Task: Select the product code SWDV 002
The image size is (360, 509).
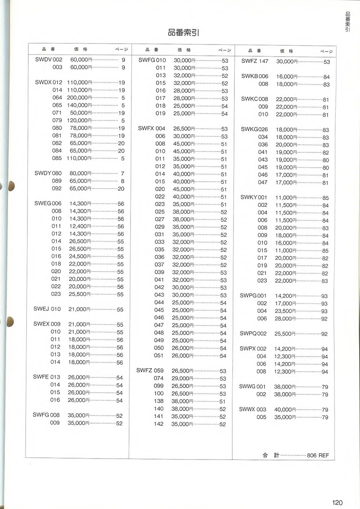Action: tap(48, 60)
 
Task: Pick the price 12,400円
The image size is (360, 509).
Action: tap(81, 226)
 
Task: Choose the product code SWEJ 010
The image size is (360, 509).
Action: tap(47, 309)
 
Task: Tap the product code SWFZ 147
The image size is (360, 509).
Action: tap(255, 61)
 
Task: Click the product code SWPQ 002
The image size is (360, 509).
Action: tap(253, 334)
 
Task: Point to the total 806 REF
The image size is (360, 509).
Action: tap(318, 455)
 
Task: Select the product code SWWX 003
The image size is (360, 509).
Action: tap(253, 410)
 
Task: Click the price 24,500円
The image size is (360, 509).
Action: tap(81, 256)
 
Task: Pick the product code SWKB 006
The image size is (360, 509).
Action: tap(255, 76)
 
